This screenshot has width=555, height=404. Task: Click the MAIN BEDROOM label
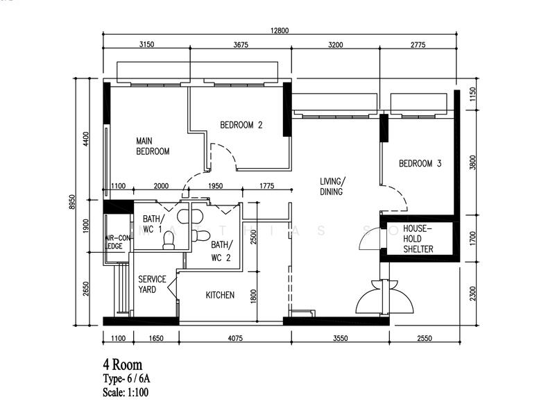[153, 146]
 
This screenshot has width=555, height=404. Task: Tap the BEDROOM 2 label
[241, 125]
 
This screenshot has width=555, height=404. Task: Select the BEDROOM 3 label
[420, 163]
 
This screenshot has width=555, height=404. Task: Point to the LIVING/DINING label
[332, 187]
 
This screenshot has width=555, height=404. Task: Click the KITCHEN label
[220, 295]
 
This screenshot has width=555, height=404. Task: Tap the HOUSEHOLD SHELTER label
[418, 239]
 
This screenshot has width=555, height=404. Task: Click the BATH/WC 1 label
[153, 224]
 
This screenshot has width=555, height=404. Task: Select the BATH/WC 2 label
[221, 251]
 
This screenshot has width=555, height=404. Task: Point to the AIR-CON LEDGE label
[117, 242]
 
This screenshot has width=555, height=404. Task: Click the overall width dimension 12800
[280, 31]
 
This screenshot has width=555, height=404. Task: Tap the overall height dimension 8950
[72, 202]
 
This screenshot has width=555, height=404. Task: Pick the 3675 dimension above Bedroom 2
[241, 44]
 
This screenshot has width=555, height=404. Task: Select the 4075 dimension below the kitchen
[235, 338]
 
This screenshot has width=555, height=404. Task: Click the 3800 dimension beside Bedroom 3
[473, 162]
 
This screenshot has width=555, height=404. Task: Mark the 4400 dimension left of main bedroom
[85, 139]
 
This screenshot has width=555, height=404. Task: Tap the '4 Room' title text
[123, 364]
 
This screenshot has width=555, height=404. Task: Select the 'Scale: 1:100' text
[126, 392]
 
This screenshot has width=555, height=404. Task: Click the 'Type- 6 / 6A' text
[127, 378]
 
